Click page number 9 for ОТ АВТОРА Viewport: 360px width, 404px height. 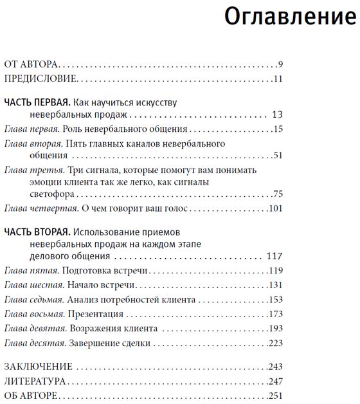point(280,64)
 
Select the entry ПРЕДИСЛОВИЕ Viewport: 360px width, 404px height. point(40,79)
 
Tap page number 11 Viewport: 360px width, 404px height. point(278,79)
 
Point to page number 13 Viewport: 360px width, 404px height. point(278,115)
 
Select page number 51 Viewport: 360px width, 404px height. point(278,156)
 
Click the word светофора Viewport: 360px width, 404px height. point(50,194)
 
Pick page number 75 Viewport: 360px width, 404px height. point(278,194)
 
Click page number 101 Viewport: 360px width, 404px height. point(276,208)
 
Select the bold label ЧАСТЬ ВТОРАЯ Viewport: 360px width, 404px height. point(36,231)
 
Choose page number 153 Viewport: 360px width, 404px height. point(276,299)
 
